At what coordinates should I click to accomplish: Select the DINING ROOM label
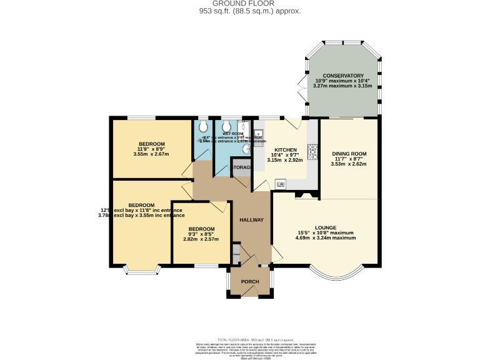349,153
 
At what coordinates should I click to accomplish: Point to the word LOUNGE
326,227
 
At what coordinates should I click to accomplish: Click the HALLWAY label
252,220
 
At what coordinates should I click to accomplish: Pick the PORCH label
250,281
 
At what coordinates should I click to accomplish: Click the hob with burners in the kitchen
312,152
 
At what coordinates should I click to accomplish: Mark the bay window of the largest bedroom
141,270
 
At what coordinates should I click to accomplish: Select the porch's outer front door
250,296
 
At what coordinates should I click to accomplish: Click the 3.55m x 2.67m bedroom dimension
151,154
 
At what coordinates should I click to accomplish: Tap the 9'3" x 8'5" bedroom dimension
201,234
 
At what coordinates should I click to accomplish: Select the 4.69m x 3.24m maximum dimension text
326,238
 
